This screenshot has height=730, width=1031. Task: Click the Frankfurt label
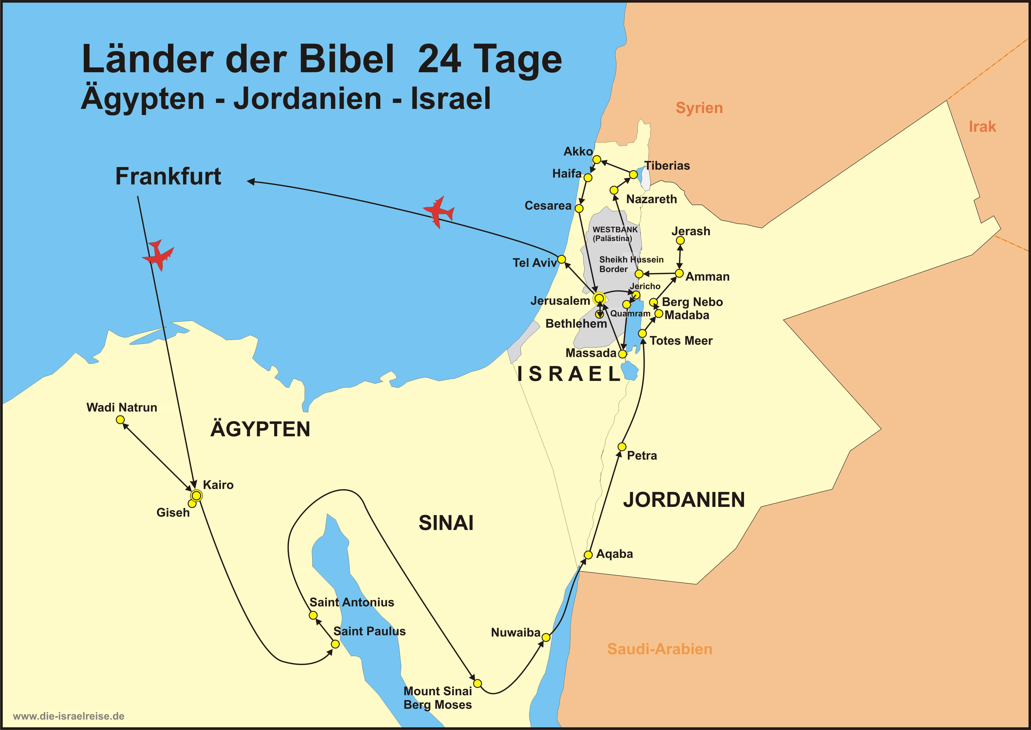pos(168,176)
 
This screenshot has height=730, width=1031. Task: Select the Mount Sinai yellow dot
pos(478,683)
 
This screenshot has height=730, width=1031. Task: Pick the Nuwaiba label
pos(515,632)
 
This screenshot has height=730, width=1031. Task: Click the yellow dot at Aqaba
pos(588,555)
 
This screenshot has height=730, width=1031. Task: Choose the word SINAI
pos(446,523)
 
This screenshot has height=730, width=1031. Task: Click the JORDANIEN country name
pos(684,500)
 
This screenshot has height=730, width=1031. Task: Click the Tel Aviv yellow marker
pos(561,259)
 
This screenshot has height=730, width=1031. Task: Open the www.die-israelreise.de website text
pos(69,716)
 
